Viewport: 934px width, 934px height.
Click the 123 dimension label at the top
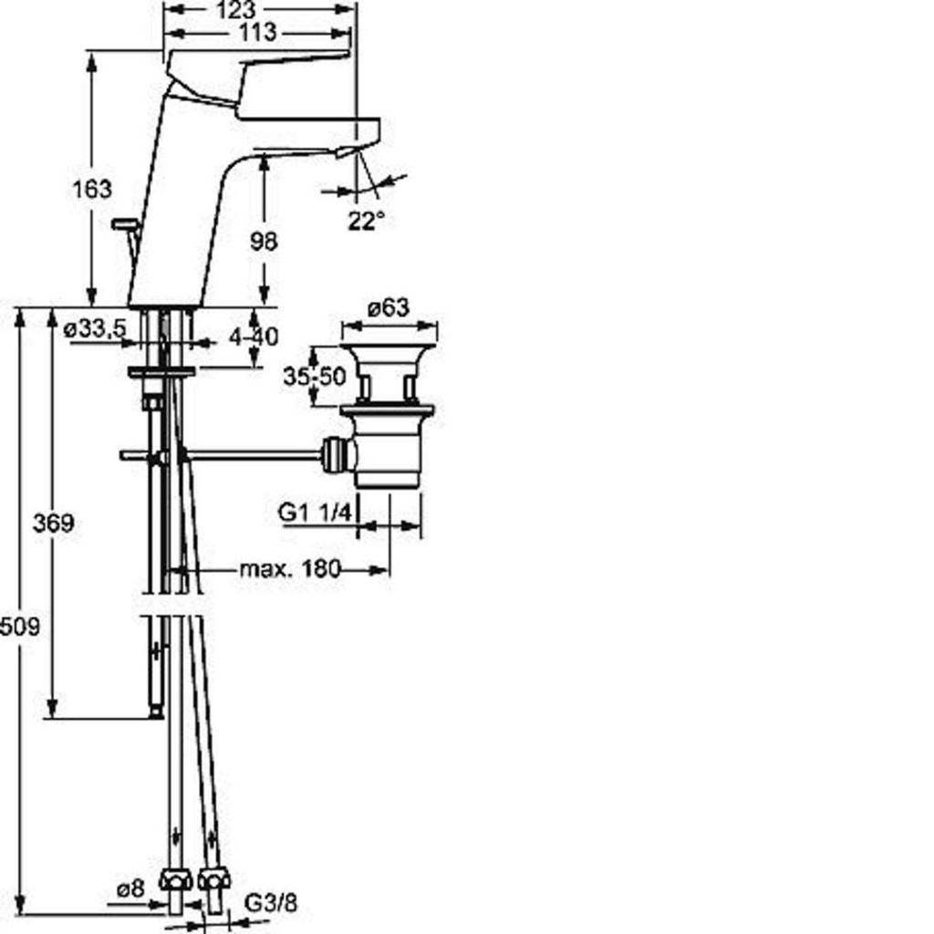point(236,10)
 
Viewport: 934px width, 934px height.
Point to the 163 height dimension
point(92,190)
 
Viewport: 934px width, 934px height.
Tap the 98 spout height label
point(264,241)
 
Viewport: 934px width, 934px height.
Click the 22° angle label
point(367,222)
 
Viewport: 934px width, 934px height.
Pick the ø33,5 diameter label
point(95,327)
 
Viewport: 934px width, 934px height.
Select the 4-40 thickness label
point(254,337)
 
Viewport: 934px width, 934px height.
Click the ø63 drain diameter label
point(389,308)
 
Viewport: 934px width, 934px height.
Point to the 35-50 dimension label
point(315,377)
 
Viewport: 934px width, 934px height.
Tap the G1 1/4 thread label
point(316,513)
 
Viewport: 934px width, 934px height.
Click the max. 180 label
point(290,569)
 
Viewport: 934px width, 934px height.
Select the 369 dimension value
point(54,523)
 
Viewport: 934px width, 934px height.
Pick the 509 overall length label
point(20,627)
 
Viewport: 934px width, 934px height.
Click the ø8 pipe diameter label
point(130,889)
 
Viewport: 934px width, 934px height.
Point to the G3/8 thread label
point(270,903)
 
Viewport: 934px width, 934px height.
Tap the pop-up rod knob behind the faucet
point(124,224)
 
